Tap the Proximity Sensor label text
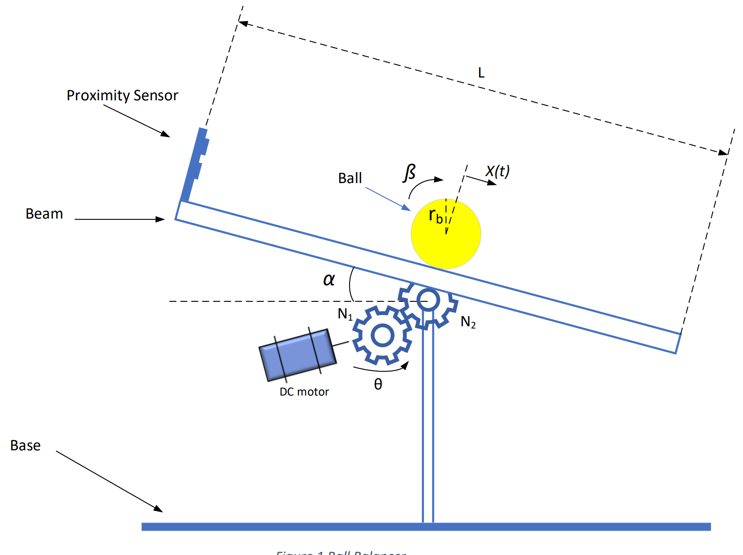tap(122, 95)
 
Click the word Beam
tap(44, 214)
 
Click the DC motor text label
tap(304, 392)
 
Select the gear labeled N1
tap(382, 336)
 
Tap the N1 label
tap(345, 314)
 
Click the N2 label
tap(468, 322)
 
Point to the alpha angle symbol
tap(329, 279)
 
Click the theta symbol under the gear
tap(378, 384)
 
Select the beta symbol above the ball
tap(409, 173)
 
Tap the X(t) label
tap(498, 171)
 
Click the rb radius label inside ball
tap(435, 216)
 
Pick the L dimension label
tap(481, 73)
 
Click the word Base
tap(25, 445)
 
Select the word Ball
tap(350, 178)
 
